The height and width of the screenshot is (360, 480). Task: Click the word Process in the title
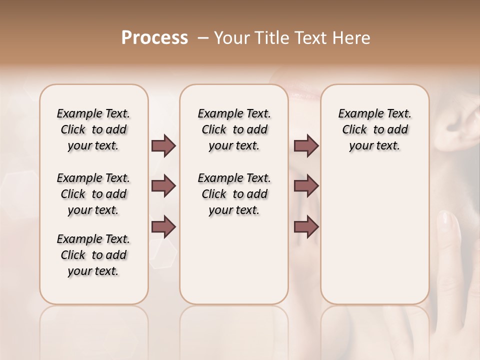[x=154, y=38]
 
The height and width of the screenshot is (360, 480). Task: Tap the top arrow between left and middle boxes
[x=163, y=146]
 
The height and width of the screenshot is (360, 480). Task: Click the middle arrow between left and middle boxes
[x=163, y=186]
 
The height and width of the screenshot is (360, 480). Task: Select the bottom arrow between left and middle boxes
[x=163, y=226]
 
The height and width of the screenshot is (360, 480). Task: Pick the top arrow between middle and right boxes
[x=306, y=146]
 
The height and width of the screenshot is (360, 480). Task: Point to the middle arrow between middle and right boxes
[x=306, y=186]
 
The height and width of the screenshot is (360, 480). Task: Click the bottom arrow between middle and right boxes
[x=306, y=226]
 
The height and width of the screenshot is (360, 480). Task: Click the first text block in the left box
[x=93, y=129]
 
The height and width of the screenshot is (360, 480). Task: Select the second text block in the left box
[x=93, y=194]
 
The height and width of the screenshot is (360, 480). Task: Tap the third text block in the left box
[x=93, y=255]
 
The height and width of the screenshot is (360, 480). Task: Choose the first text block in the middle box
[x=234, y=129]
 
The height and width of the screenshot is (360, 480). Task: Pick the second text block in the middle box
[x=234, y=194]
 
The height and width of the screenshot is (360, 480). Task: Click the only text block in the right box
[x=374, y=129]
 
